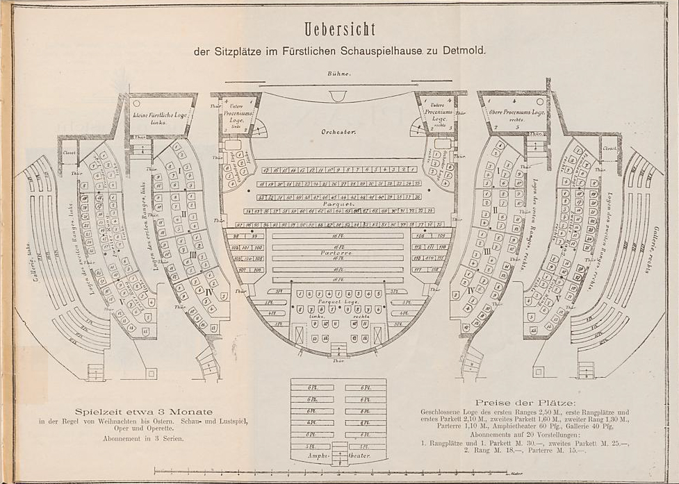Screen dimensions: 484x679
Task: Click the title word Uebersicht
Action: tap(339, 29)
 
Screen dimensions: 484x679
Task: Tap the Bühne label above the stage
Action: tap(340, 74)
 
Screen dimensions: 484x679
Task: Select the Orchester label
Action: tap(338, 131)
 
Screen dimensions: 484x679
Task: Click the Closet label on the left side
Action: tap(69, 151)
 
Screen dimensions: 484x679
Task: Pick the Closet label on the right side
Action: tap(610, 149)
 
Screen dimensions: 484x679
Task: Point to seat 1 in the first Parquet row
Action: tap(412, 169)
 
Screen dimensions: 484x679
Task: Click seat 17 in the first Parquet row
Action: tap(266, 169)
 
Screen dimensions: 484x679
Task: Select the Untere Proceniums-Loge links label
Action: tap(236, 113)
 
